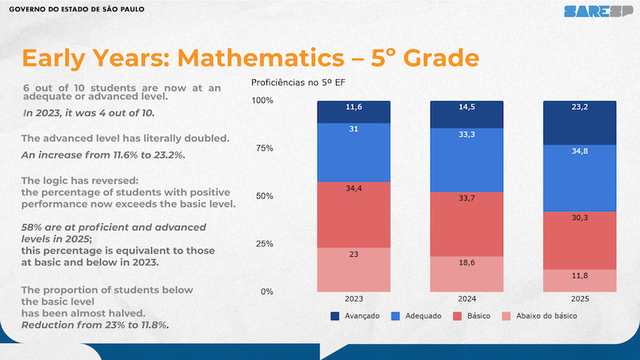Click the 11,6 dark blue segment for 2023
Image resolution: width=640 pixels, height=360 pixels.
(x=354, y=112)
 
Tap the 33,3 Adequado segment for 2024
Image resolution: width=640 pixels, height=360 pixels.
(x=466, y=159)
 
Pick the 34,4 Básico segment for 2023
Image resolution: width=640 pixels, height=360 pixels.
(x=354, y=214)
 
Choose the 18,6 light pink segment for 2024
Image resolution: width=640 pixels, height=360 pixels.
(x=466, y=274)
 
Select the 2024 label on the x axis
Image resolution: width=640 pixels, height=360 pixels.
(x=467, y=298)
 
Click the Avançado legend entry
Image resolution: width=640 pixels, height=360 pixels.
(x=357, y=316)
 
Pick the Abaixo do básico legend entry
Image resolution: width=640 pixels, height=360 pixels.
(x=540, y=316)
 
